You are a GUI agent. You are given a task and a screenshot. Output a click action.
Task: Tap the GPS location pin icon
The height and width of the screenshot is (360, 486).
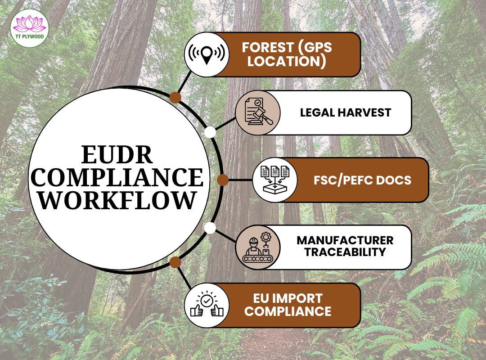pos(207,54)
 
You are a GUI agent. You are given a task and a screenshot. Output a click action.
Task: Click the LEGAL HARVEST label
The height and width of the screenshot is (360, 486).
pos(346,112)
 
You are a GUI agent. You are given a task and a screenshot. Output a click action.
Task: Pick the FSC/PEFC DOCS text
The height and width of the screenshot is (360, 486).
pos(362,180)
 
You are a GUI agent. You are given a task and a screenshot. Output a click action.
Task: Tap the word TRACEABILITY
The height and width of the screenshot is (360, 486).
pos(345,252)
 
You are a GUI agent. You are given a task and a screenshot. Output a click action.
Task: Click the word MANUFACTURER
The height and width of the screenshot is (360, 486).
pos(345,240)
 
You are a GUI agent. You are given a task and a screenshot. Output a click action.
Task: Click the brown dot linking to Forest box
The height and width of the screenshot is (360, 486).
pos(175,98)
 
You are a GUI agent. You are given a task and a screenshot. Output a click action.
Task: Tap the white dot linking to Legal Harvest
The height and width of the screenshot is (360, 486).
pos(210,132)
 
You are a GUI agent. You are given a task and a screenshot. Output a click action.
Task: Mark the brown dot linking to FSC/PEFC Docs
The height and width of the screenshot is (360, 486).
pos(222,180)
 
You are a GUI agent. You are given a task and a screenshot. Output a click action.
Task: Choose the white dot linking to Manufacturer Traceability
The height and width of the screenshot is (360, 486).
pos(210,228)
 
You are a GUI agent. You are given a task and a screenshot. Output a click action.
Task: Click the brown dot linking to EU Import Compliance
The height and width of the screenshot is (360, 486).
pos(175,262)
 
